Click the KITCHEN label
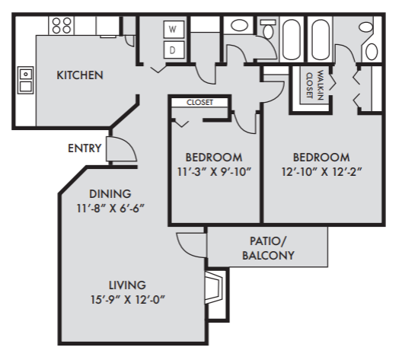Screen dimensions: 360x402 point(80,75)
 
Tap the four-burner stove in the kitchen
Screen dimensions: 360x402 point(61,25)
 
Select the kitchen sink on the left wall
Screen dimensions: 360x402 point(26,79)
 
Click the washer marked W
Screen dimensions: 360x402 point(173,30)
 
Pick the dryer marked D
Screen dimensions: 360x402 point(173,50)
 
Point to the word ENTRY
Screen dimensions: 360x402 point(85,148)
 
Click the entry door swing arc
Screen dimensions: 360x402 point(118,148)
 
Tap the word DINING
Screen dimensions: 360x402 point(110,193)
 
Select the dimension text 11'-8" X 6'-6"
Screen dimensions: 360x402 point(110,208)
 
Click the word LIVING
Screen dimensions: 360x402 point(127,285)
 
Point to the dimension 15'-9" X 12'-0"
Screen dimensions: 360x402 point(127,299)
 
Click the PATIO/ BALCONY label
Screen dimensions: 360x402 point(267,248)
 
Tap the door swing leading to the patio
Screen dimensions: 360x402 point(186,244)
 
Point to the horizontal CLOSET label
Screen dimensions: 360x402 point(199,102)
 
